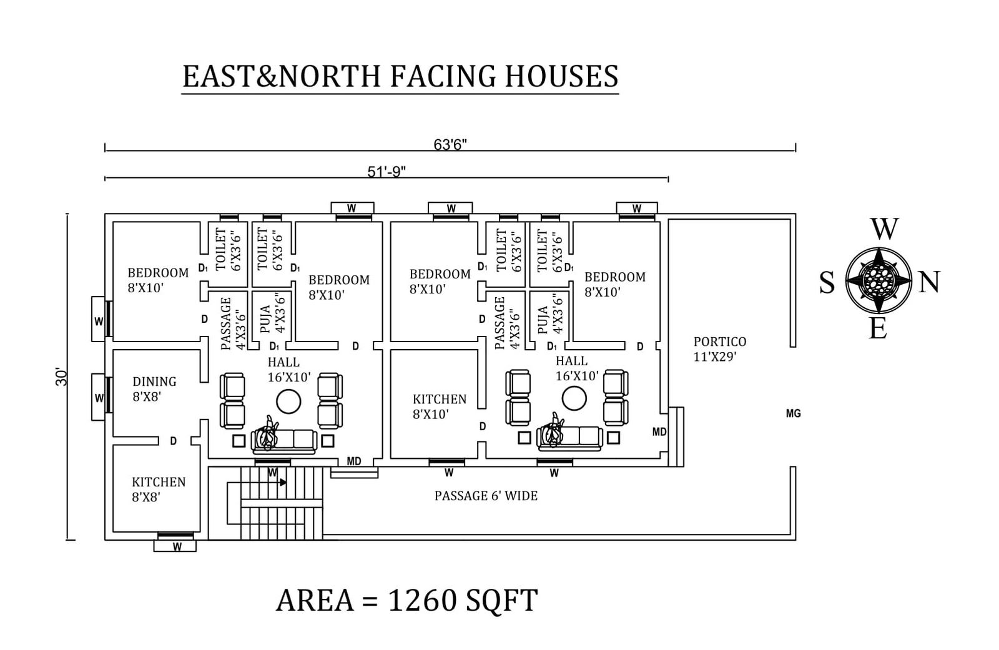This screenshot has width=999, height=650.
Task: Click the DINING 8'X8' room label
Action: click(154, 388)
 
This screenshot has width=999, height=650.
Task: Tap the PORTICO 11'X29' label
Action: click(719, 349)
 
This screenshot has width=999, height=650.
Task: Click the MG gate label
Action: click(793, 413)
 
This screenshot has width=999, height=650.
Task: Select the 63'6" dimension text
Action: click(450, 145)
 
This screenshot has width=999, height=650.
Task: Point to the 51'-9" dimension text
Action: click(386, 172)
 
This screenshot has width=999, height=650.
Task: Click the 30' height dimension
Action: click(61, 376)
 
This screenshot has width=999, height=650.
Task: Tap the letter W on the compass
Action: click(884, 230)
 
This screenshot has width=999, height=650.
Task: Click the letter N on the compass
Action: click(929, 283)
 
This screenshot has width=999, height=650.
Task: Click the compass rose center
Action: click(879, 280)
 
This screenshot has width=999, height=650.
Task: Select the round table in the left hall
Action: click(289, 401)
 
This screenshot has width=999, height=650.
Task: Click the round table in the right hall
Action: click(574, 398)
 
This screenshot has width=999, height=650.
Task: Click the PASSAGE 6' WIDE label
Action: click(486, 496)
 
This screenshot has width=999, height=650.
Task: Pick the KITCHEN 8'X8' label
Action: click(159, 489)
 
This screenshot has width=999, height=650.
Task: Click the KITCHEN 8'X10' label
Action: click(439, 406)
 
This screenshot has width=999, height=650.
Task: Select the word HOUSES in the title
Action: click(561, 76)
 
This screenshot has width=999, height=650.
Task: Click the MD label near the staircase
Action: click(354, 461)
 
